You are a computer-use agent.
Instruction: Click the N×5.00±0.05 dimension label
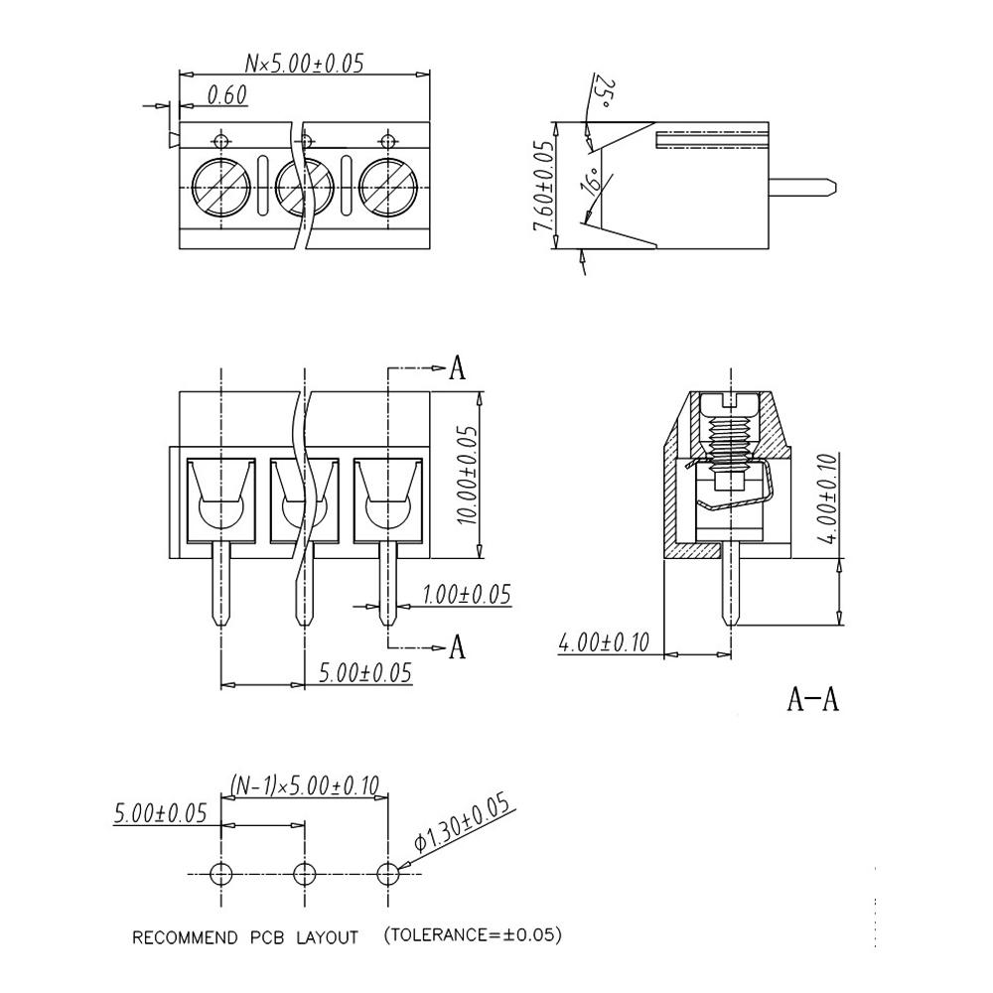click(304, 64)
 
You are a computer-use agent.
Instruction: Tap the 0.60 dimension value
click(226, 95)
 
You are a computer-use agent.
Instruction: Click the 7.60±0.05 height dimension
click(543, 186)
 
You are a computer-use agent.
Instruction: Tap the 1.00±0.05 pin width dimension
click(466, 595)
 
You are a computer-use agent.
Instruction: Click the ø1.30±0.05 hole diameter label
click(463, 822)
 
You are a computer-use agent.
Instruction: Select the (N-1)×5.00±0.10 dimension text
click(305, 785)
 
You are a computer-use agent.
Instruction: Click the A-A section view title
click(812, 699)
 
